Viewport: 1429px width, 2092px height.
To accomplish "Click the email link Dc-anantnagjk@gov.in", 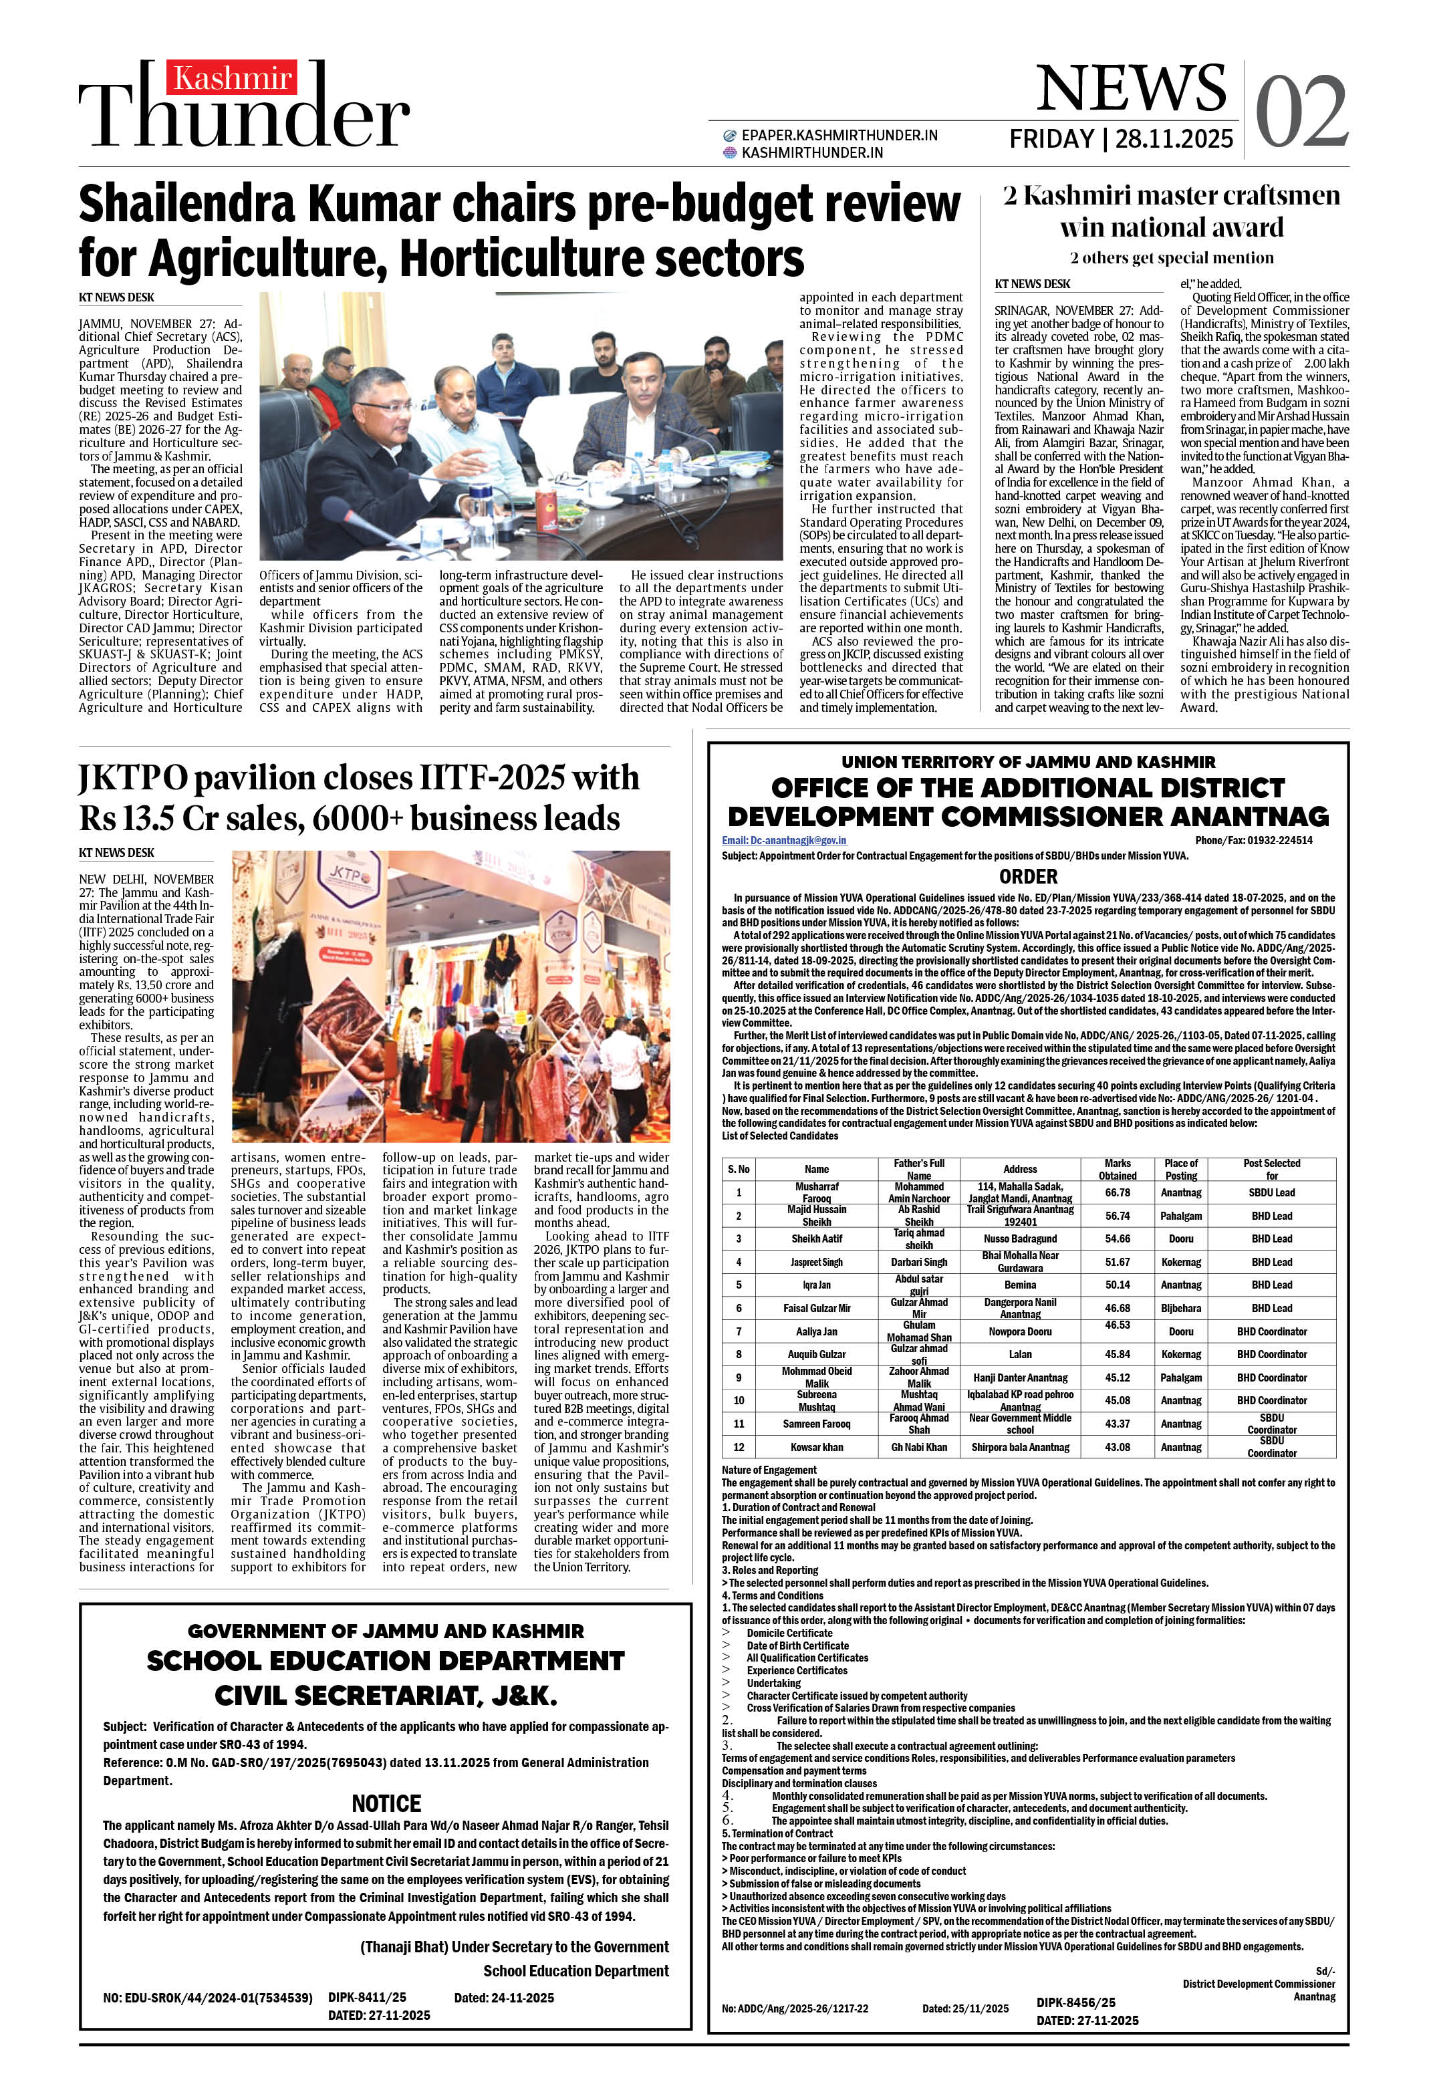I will [783, 840].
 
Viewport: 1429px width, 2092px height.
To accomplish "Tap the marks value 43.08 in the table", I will [1117, 1448].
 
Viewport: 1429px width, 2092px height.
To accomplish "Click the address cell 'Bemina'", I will [1019, 1285].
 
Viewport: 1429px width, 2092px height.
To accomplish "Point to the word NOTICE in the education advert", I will [386, 1803].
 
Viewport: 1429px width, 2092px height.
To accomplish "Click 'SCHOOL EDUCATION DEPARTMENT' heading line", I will [386, 1661].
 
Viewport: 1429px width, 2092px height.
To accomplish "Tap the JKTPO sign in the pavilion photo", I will [347, 875].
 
